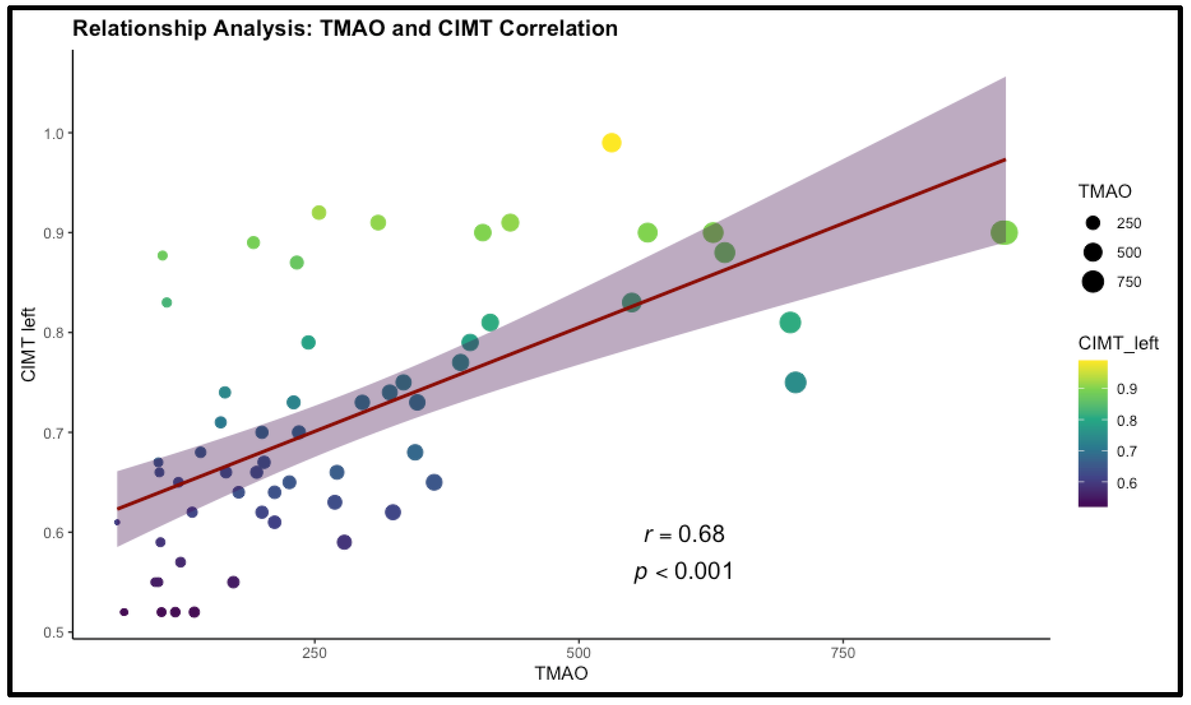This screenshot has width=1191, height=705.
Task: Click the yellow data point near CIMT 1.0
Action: [611, 142]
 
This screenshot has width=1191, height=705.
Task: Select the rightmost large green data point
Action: [1004, 233]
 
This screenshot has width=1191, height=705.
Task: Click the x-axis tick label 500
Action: [579, 653]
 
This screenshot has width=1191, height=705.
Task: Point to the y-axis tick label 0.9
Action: [54, 233]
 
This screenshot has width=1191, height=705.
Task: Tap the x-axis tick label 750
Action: [843, 653]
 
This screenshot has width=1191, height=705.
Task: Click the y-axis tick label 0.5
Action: [54, 633]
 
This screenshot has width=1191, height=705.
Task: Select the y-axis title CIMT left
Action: [28, 345]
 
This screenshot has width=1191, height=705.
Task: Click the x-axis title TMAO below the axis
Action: [561, 673]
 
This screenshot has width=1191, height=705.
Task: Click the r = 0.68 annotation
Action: [684, 534]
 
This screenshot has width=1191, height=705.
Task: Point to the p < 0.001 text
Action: [684, 571]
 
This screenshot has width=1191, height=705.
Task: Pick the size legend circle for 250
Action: [1093, 223]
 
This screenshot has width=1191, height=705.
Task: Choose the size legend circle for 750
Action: [1093, 282]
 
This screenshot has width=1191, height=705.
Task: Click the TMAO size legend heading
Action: [1104, 191]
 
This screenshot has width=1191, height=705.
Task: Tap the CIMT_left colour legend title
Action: [1118, 343]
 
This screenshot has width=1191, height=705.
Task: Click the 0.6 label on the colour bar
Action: [1126, 483]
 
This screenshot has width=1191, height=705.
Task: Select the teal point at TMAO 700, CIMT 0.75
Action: [795, 383]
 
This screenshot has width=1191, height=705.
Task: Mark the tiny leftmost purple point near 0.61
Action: [117, 522]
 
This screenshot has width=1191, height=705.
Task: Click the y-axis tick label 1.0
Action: [54, 133]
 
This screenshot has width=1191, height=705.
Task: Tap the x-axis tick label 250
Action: [315, 653]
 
